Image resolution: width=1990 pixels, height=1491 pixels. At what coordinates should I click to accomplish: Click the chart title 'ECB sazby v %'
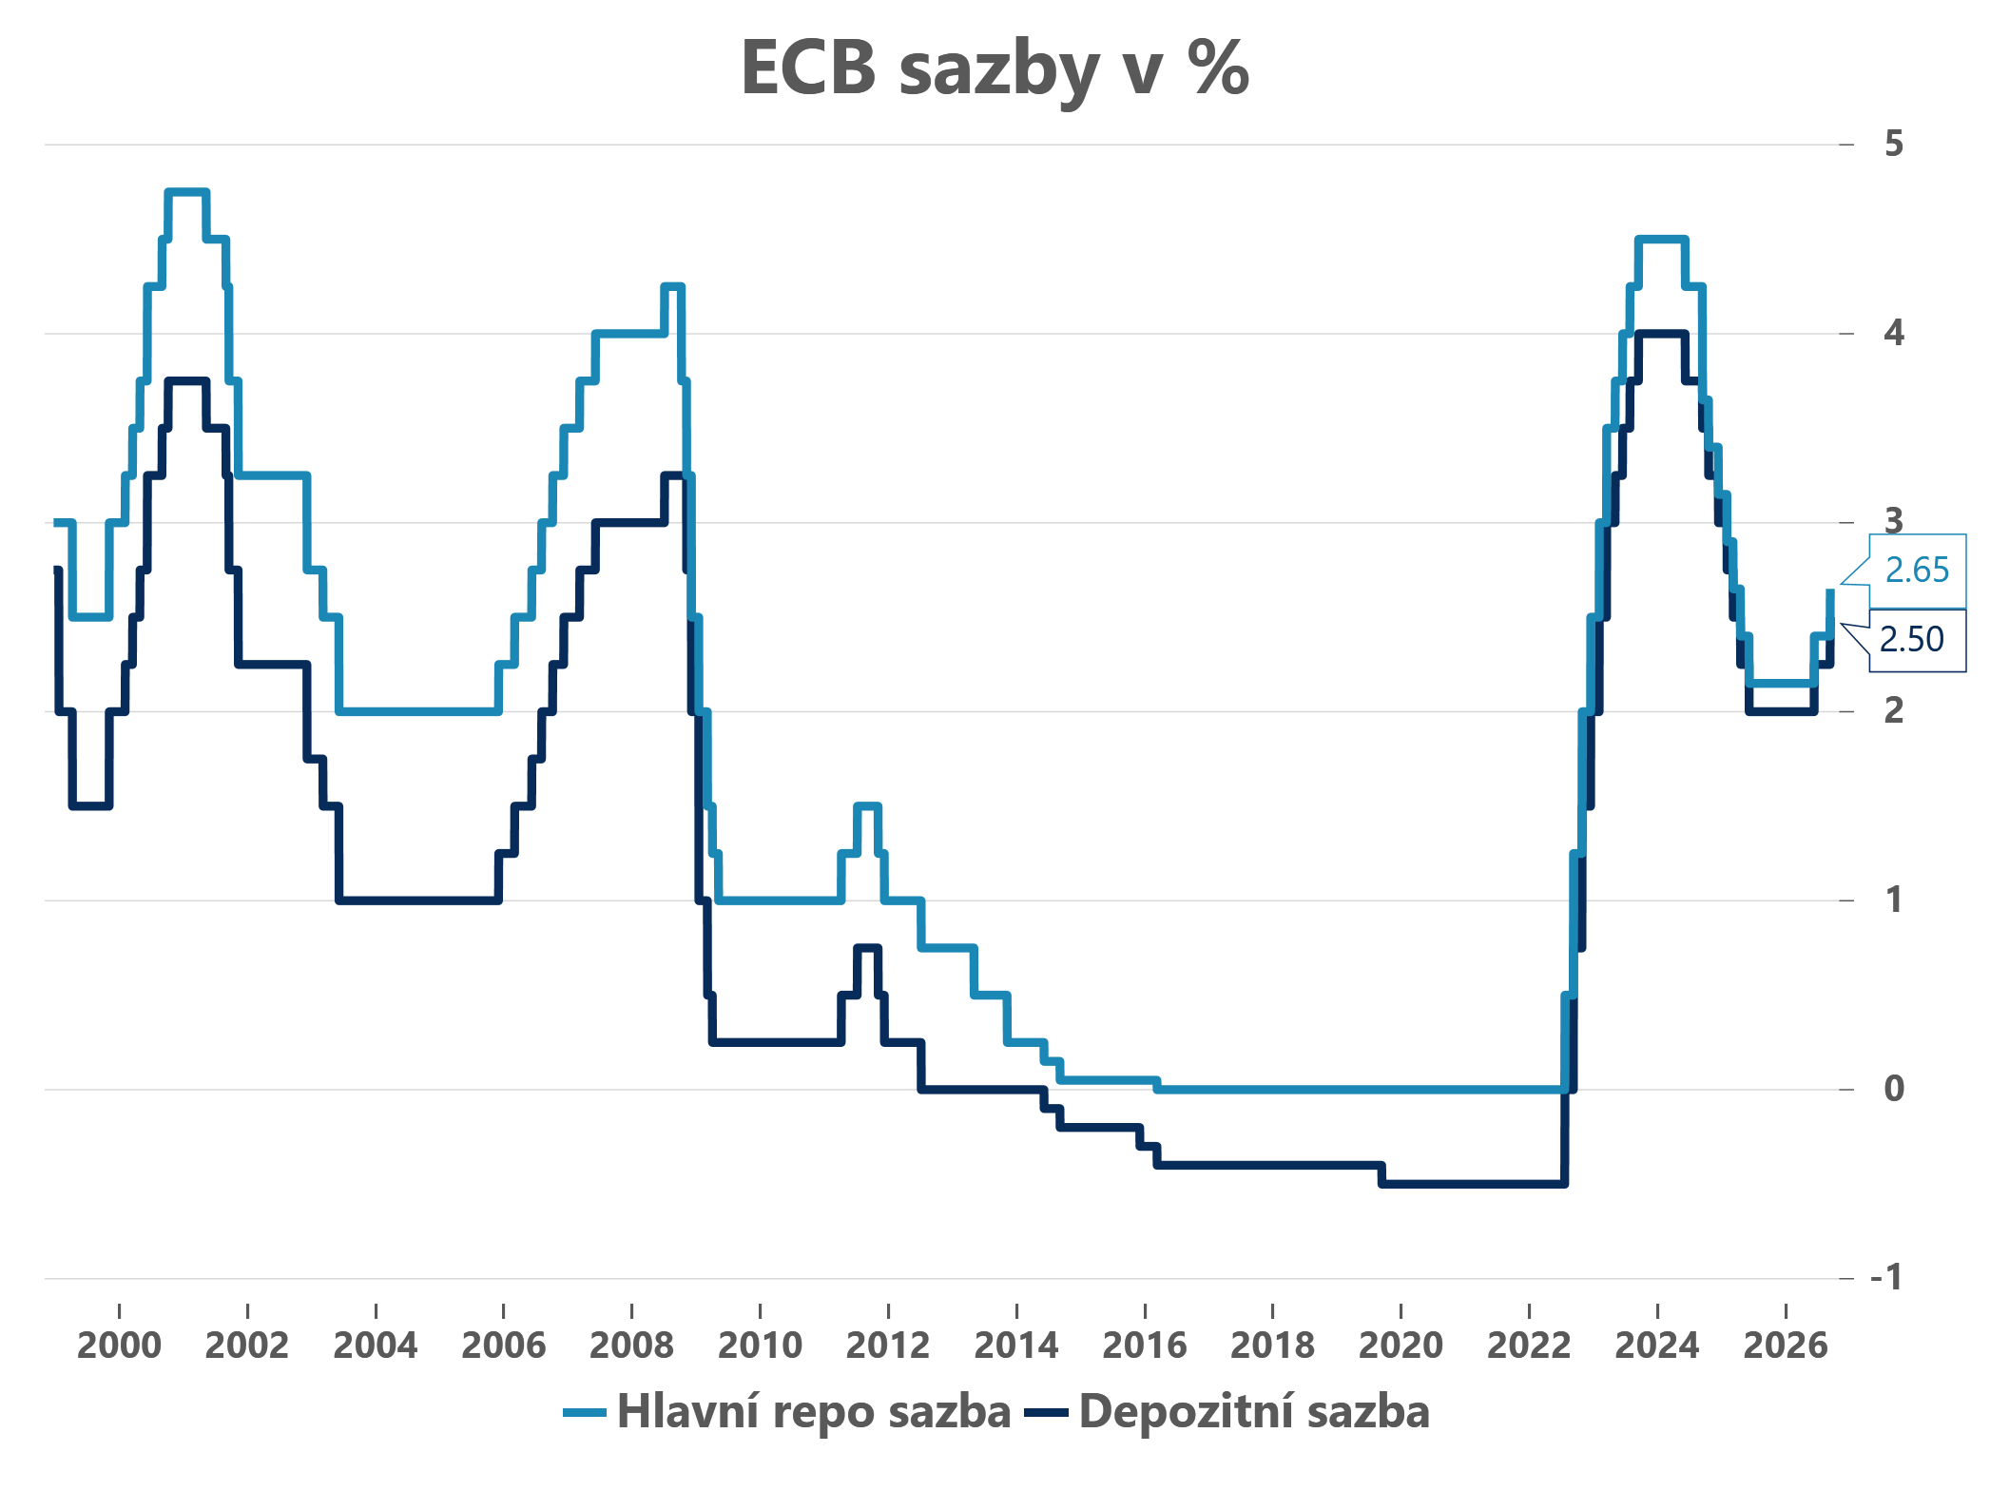coord(995,68)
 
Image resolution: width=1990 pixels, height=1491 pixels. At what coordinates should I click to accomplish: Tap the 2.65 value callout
coord(1917,571)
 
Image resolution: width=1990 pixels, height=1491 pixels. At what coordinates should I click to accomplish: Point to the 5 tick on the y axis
coord(1894,144)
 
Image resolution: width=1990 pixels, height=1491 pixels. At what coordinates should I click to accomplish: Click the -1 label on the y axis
coord(1887,1277)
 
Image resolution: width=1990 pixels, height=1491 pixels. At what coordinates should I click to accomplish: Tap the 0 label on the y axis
coord(1894,1088)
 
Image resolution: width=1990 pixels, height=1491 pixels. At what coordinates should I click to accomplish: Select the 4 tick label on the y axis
coord(1894,333)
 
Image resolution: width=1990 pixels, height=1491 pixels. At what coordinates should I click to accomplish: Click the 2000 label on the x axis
coord(119,1346)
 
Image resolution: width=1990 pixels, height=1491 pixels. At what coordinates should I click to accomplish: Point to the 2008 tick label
coord(631,1346)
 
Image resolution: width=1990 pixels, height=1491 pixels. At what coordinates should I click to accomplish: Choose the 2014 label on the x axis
coord(1016,1346)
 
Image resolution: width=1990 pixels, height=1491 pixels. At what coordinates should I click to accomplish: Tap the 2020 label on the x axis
coord(1401,1346)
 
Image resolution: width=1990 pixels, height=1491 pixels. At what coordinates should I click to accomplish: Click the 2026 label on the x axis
coord(1786,1346)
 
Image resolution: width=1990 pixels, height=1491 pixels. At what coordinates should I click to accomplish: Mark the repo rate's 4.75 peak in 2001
coord(186,192)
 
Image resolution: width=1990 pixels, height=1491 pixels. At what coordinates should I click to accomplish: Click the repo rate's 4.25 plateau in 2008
coord(673,286)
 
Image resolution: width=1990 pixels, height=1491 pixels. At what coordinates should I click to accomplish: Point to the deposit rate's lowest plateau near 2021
coord(1473,1184)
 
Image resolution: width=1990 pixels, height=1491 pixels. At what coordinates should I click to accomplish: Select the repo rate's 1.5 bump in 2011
coord(867,806)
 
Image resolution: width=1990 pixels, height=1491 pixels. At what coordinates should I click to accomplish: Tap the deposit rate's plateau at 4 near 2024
coord(1661,334)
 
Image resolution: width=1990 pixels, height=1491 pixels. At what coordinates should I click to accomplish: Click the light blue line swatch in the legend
coord(584,1413)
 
